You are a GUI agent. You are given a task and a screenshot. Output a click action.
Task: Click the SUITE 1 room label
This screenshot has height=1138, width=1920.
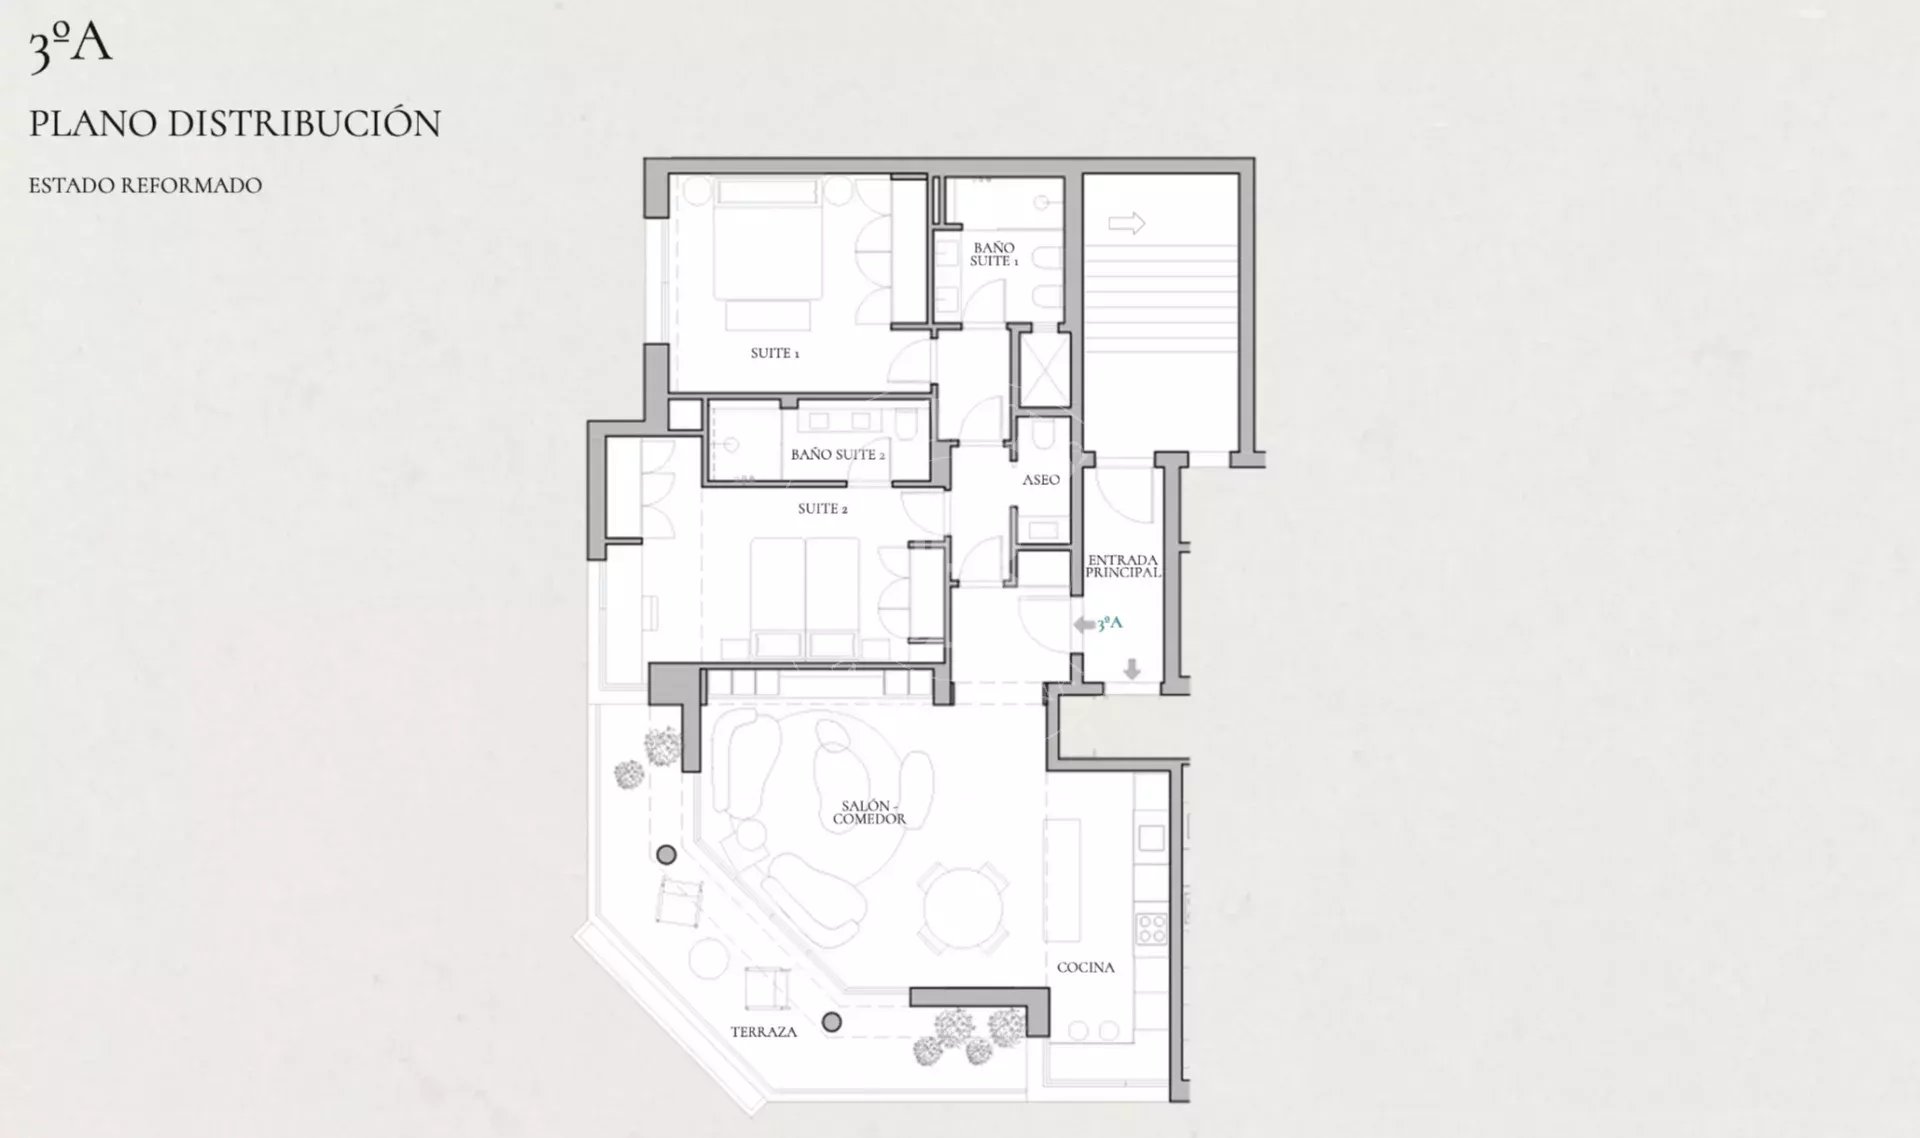click(x=775, y=353)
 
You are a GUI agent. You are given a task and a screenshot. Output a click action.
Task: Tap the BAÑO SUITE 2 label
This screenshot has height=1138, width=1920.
click(x=838, y=454)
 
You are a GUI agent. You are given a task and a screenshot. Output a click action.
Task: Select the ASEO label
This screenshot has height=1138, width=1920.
click(x=1041, y=480)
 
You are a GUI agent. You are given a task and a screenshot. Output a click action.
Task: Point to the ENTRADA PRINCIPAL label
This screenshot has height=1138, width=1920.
click(x=1123, y=567)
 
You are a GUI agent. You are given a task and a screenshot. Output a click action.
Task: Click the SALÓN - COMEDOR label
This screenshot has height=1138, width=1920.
click(x=869, y=812)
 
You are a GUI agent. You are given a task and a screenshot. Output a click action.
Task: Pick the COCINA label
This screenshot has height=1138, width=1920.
click(x=1086, y=967)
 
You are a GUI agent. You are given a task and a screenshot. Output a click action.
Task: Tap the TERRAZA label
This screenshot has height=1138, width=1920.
click(x=764, y=1032)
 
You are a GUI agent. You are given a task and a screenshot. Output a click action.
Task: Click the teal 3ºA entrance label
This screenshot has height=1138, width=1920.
click(x=1110, y=623)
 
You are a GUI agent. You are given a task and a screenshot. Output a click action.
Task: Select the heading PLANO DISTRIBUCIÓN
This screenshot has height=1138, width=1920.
click(x=235, y=123)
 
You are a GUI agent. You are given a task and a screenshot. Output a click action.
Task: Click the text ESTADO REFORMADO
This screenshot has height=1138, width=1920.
click(x=145, y=185)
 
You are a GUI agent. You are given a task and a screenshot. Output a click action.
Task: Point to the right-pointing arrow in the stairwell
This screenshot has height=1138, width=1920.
click(x=1127, y=223)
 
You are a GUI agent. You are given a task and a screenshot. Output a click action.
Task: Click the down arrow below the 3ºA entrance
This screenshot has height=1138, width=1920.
click(x=1132, y=669)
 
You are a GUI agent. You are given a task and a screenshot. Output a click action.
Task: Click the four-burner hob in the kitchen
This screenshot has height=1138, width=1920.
click(x=1151, y=928)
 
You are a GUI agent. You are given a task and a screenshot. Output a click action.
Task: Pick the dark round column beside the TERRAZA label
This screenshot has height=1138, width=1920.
click(x=832, y=1022)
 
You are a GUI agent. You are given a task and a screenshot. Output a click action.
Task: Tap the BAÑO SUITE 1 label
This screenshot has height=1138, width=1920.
click(x=993, y=254)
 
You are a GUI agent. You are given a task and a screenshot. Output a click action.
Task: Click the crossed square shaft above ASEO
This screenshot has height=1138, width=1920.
click(x=1043, y=370)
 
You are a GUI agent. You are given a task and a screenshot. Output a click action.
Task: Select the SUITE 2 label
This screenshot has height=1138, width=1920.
click(x=823, y=509)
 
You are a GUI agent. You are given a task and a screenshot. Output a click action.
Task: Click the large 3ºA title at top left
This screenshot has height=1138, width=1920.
click(x=70, y=48)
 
